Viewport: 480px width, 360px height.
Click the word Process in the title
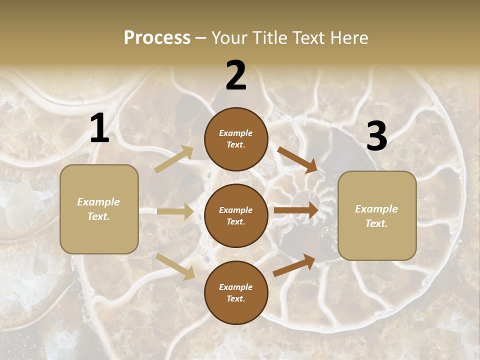pyautogui.click(x=157, y=38)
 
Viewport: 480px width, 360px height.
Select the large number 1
pyautogui.click(x=99, y=128)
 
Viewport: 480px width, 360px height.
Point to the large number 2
pyautogui.click(x=236, y=75)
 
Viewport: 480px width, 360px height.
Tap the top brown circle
pyautogui.click(x=236, y=139)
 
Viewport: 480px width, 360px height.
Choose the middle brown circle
pyautogui.click(x=236, y=215)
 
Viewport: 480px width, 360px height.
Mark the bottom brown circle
pyautogui.click(x=236, y=292)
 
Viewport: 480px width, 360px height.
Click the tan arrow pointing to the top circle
pyautogui.click(x=174, y=159)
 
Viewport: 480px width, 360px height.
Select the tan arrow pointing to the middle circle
pyautogui.click(x=175, y=211)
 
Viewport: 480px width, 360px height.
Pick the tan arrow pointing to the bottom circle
pyautogui.click(x=175, y=266)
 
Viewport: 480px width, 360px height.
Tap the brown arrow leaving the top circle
pyautogui.click(x=297, y=159)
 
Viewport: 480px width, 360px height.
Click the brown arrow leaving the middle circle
pyautogui.click(x=296, y=210)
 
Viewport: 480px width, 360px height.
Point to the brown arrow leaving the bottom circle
pyautogui.click(x=294, y=265)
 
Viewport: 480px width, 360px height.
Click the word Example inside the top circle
pyautogui.click(x=236, y=133)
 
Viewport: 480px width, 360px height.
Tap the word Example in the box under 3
pyautogui.click(x=376, y=209)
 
